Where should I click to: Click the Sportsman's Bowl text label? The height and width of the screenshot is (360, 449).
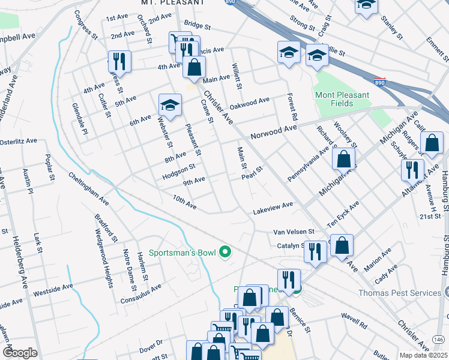point(182,252)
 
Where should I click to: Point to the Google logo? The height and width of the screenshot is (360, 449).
point(20,353)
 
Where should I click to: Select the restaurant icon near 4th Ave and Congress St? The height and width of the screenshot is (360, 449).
point(119,61)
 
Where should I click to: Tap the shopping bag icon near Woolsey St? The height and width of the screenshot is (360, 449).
point(343,159)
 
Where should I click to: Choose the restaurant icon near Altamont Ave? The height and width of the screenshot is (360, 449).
point(412,169)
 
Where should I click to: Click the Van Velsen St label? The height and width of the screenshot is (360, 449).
point(294,231)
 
